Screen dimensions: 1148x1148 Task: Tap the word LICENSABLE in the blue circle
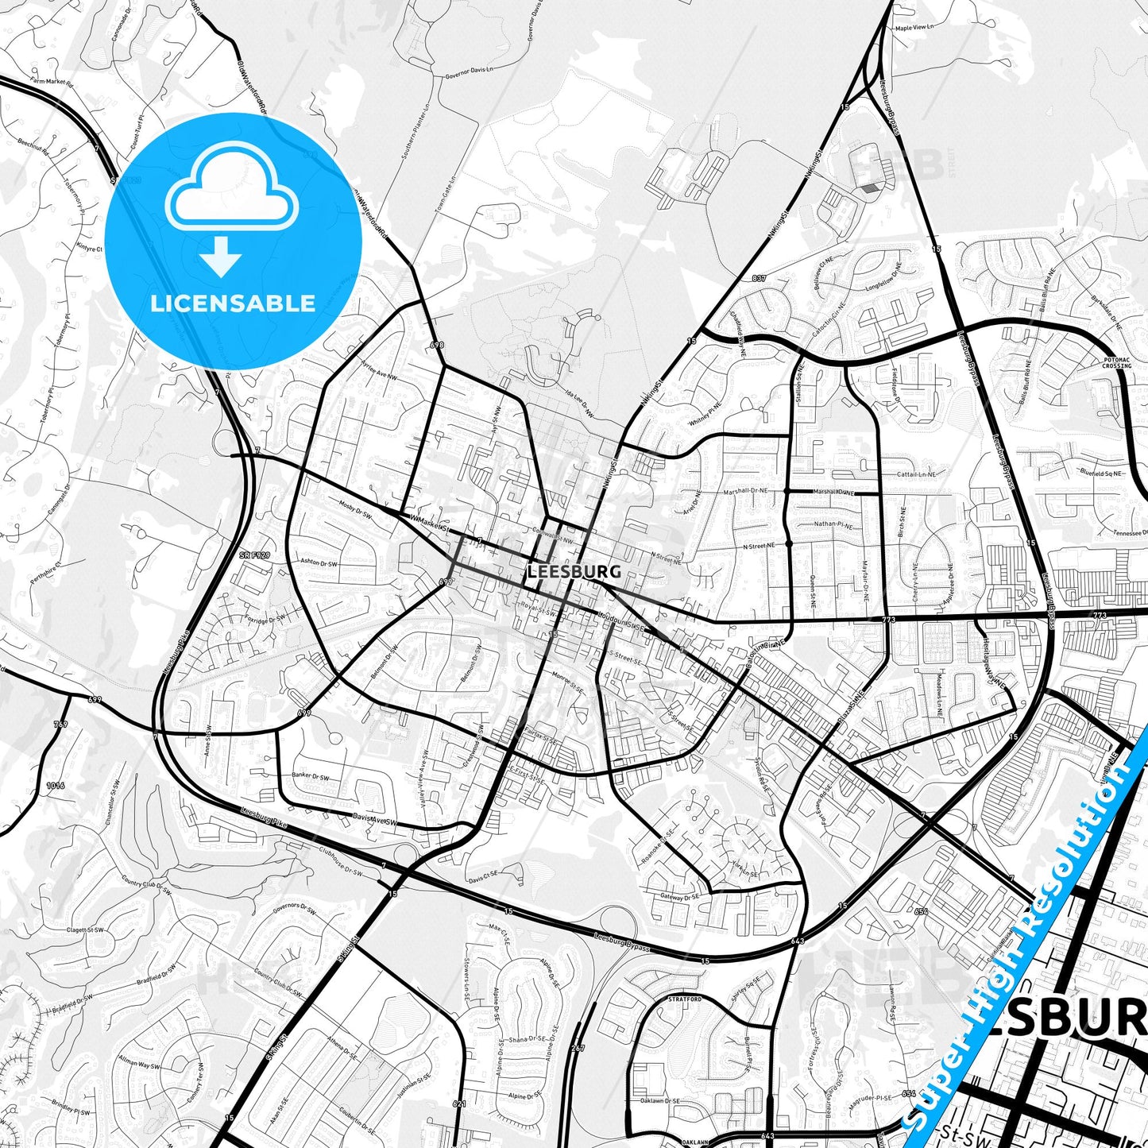[234, 303]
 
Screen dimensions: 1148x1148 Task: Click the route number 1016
[55, 786]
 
